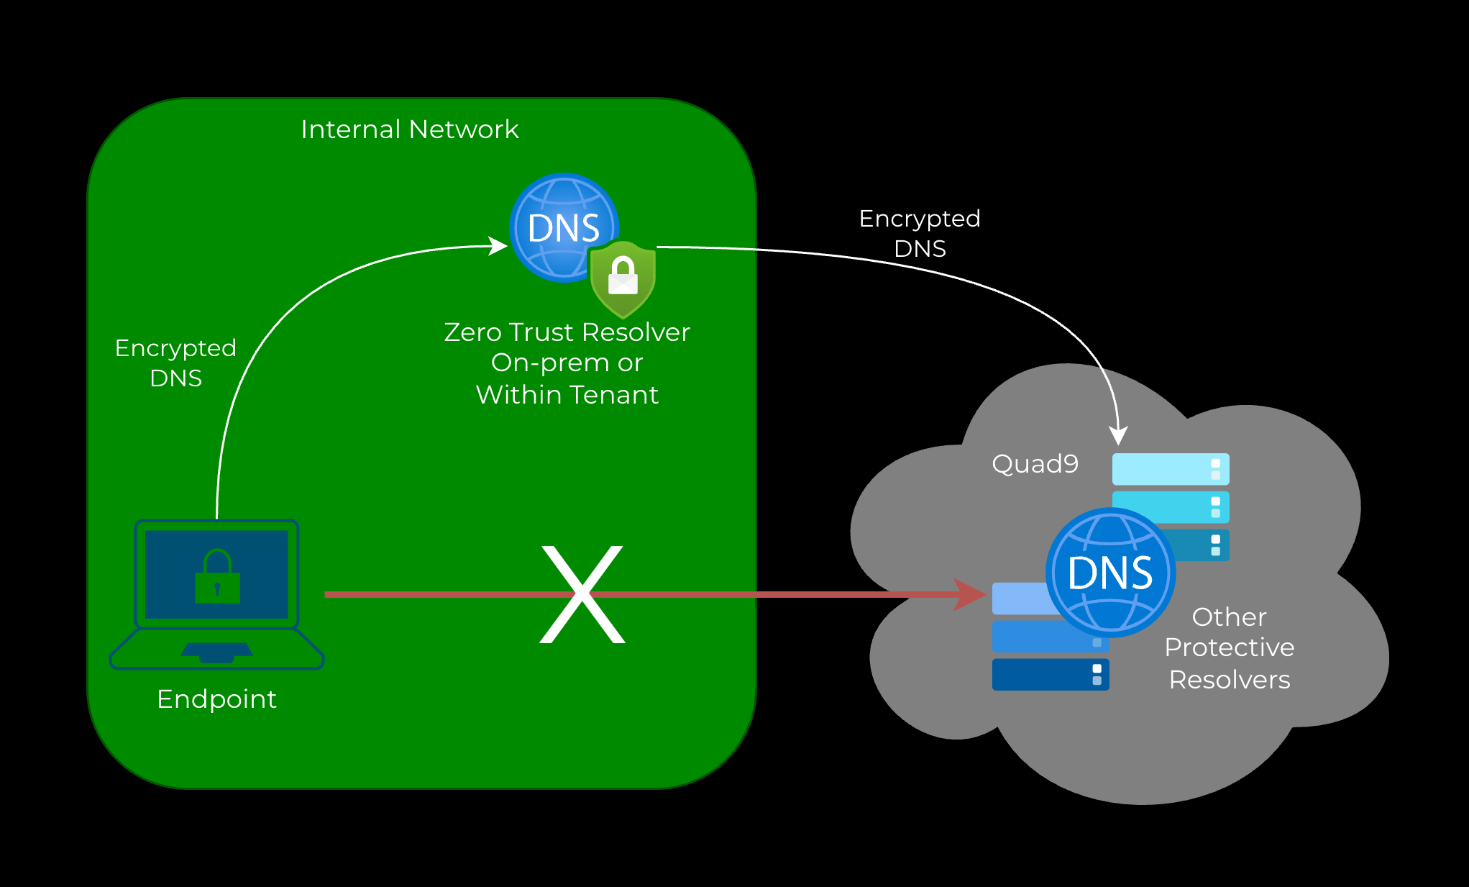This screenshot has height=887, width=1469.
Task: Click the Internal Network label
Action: [409, 129]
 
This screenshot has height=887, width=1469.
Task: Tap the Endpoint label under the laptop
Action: [216, 699]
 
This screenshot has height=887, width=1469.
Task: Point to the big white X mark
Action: [582, 594]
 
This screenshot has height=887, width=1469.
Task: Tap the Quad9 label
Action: [1035, 464]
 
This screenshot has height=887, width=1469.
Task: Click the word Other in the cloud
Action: [1229, 617]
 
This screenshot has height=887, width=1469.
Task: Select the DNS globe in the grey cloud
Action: [1110, 573]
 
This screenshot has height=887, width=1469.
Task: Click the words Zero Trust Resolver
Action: [567, 332]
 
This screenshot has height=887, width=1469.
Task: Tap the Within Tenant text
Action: [567, 395]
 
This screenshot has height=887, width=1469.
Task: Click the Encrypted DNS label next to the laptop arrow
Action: [175, 363]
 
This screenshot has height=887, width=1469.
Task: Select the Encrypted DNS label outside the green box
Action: [920, 233]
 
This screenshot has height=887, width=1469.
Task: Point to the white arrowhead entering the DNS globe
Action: [498, 246]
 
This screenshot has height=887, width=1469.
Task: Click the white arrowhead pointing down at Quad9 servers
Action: [1118, 435]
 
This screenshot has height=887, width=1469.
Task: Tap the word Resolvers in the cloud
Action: [1230, 680]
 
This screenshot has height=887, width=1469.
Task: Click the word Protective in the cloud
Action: [1230, 647]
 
